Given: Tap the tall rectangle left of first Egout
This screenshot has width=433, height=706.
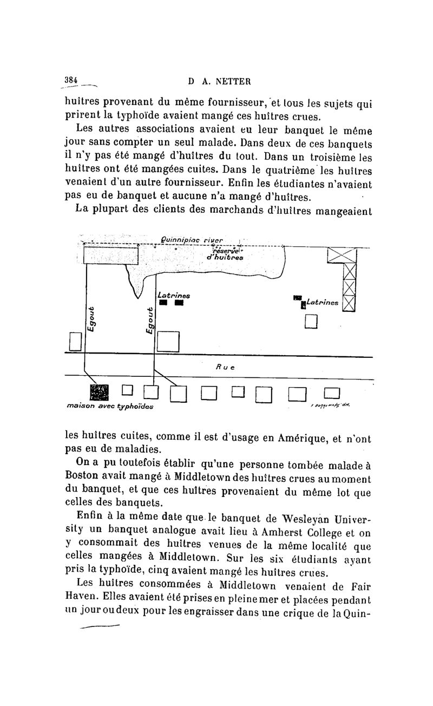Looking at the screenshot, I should [75, 341].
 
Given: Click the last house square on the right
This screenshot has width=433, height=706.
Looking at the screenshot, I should [331, 393].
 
